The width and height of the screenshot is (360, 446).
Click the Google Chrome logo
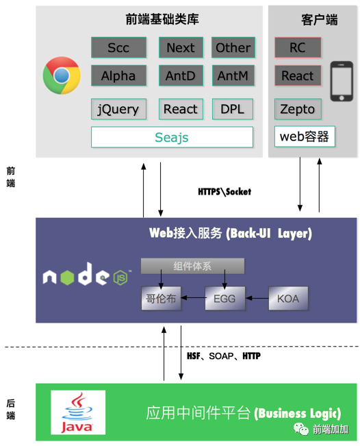pos(62,75)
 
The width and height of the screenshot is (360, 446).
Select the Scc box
pos(118,48)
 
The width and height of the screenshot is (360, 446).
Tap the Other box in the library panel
pos(233,48)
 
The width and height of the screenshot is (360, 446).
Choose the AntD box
pos(181,76)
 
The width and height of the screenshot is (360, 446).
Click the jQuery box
pos(118,109)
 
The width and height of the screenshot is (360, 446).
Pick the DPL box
pos(232,109)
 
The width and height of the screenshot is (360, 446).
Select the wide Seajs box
pos(172,138)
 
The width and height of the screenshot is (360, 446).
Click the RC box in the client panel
pos(297,48)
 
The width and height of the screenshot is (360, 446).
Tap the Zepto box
pos(297,109)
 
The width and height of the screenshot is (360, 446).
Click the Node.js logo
pos(85,276)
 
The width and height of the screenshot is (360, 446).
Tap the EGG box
pos(224,299)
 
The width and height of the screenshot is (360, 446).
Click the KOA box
pos(288,299)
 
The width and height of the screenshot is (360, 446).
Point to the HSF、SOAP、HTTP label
pos(223,356)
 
